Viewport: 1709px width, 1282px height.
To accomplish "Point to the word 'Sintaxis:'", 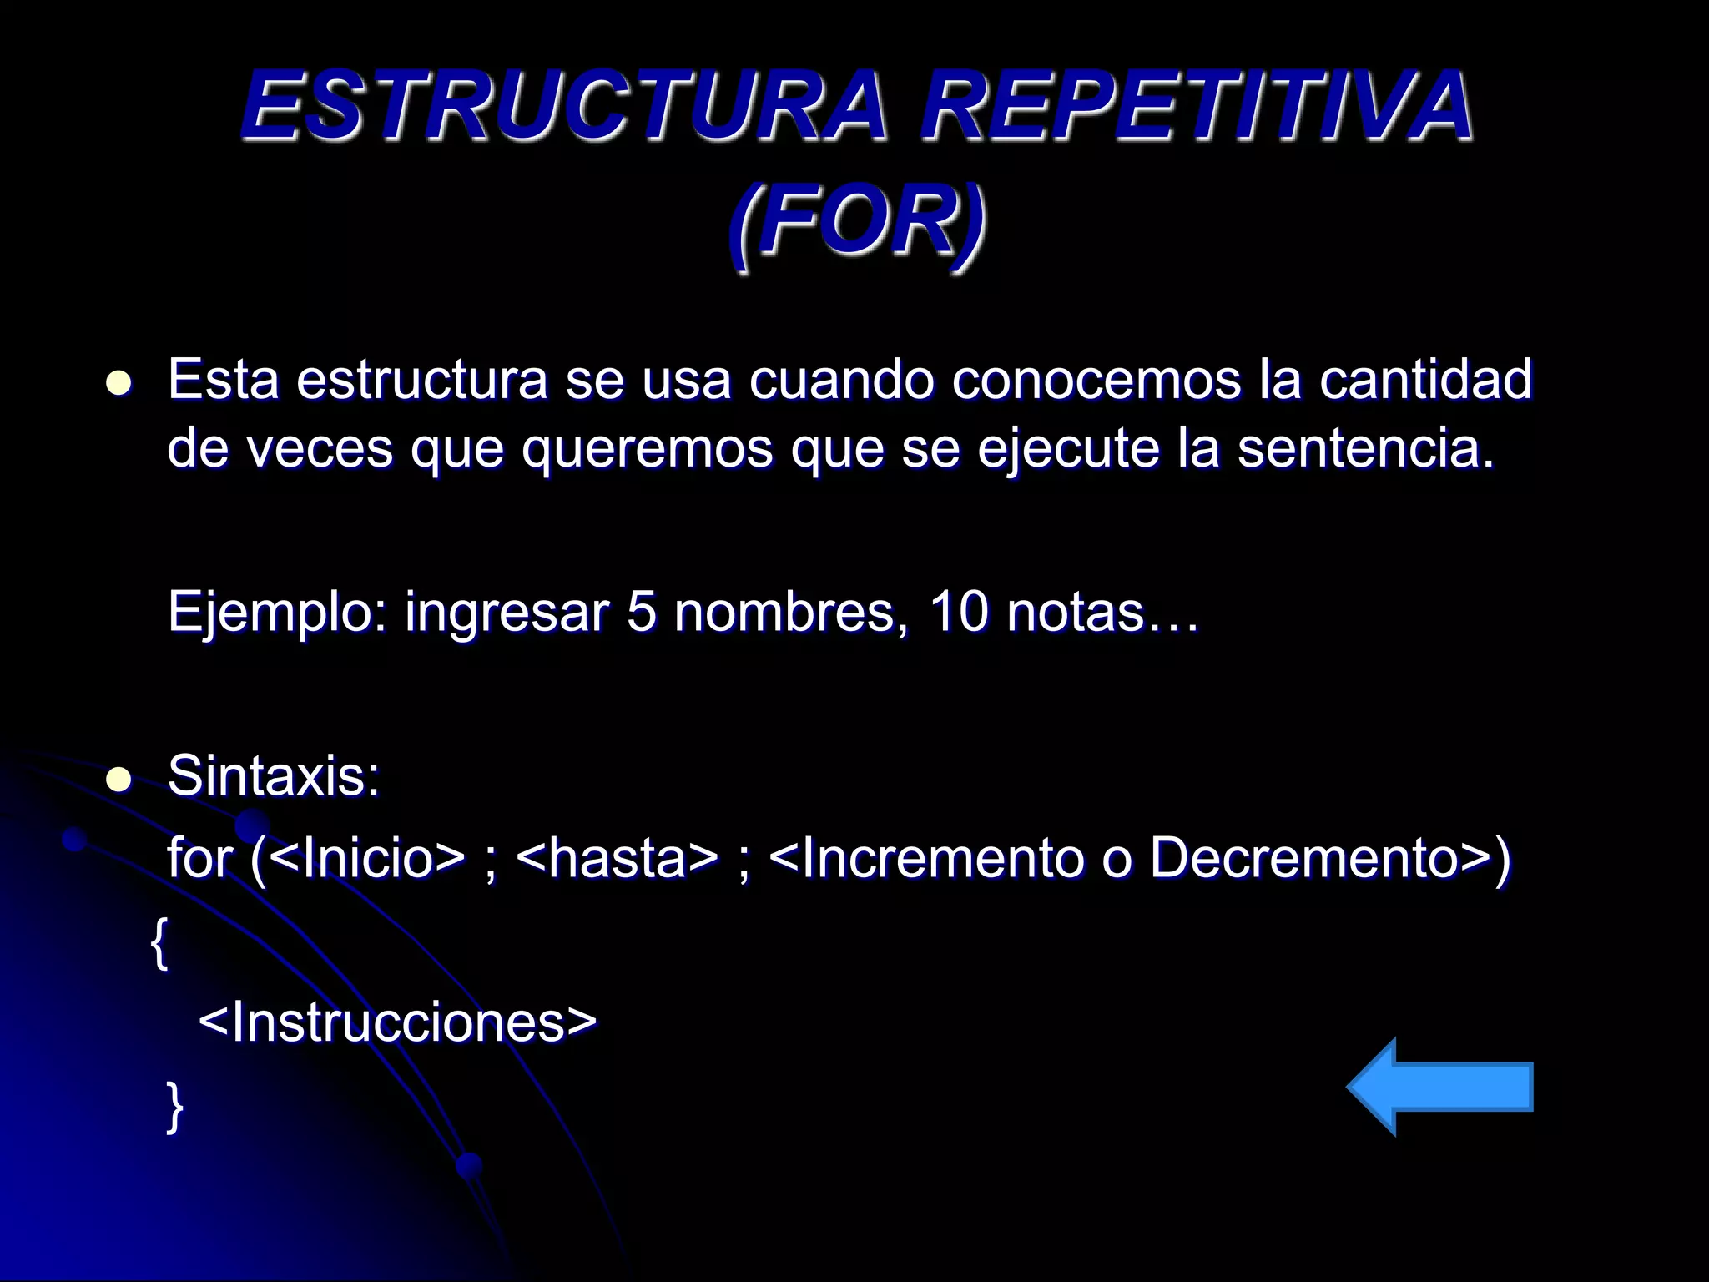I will [x=274, y=776].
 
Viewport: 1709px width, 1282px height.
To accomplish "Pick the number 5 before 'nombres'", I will [x=641, y=612].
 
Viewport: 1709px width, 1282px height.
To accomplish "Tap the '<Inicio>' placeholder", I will [x=367, y=859].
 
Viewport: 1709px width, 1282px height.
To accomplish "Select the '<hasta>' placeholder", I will [x=618, y=859].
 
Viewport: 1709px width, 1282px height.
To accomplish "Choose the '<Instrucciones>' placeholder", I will [x=398, y=1022].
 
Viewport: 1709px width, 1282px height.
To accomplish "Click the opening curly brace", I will [x=159, y=943].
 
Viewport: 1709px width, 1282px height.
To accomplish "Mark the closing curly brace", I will [x=174, y=1107].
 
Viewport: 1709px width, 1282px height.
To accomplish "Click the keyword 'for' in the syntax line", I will [x=200, y=859].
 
